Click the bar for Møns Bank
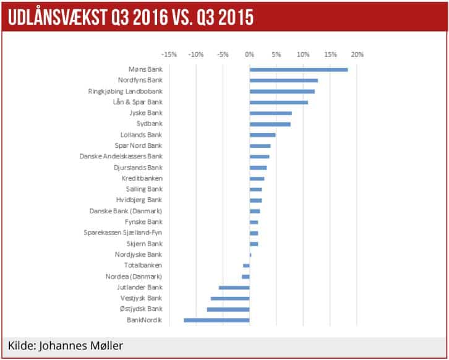coord(299,69)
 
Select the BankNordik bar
coord(216,320)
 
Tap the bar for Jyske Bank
coord(270,113)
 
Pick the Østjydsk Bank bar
coord(228,309)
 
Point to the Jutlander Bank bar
coord(234,288)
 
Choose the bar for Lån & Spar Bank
coord(278,102)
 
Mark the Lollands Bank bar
coord(262,135)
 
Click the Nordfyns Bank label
coord(140,80)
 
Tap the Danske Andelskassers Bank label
coord(121,156)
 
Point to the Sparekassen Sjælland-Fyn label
coord(122,233)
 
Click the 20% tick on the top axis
coord(357,54)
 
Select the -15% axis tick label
coord(169,54)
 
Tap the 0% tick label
coord(249,54)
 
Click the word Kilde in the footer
coord(21,345)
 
